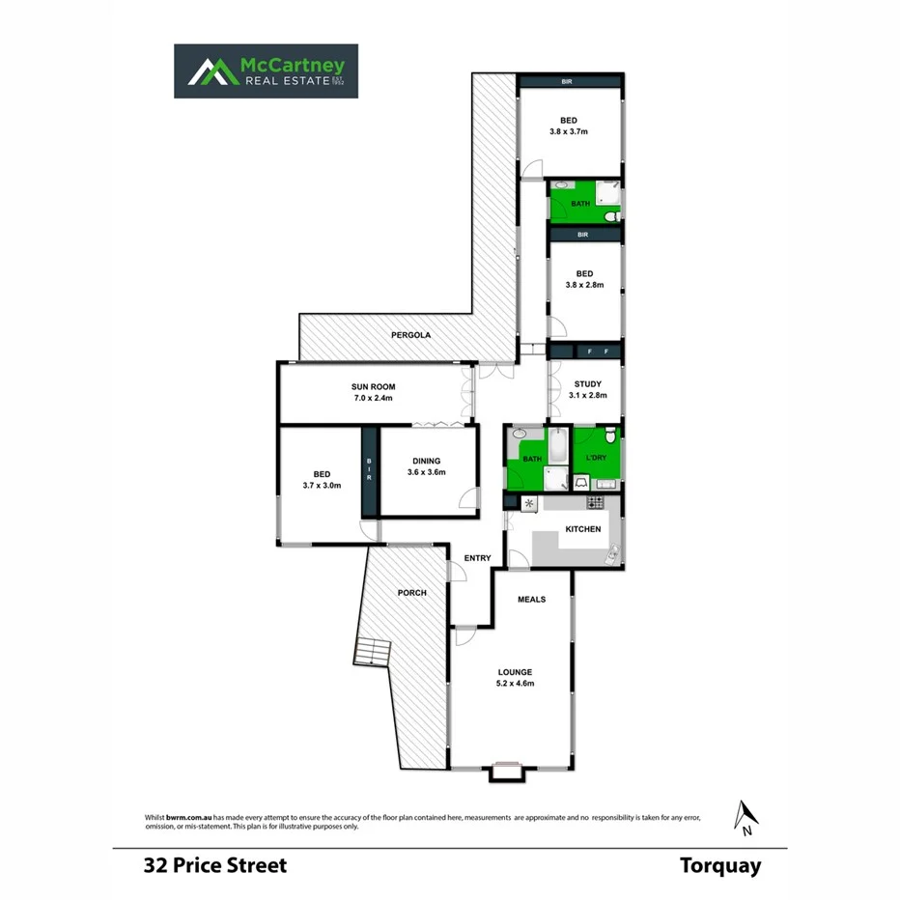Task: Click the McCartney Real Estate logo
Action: (266, 70)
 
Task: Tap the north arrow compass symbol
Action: (745, 817)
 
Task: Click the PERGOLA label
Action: (410, 335)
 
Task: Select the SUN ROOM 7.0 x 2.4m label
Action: (373, 392)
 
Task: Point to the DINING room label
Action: (427, 467)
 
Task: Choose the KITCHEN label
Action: (583, 529)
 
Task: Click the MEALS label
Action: (531, 599)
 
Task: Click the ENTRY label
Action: (477, 558)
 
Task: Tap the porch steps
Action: (373, 652)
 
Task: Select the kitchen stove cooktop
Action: (596, 502)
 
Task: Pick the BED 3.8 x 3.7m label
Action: (568, 126)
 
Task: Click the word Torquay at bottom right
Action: (719, 865)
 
